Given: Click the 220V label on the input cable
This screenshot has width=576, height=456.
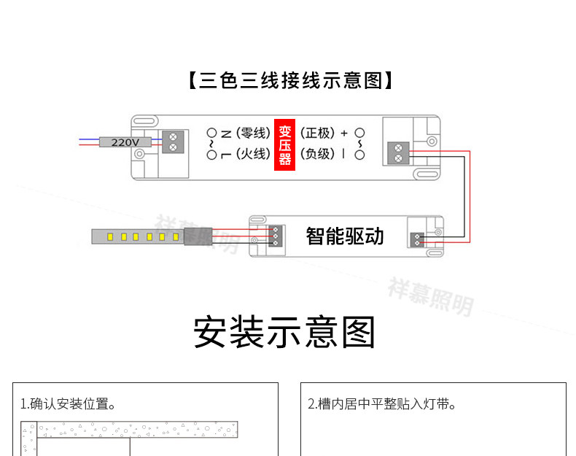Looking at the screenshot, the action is click(125, 142).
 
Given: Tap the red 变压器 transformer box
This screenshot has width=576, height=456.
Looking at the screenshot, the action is click(284, 144).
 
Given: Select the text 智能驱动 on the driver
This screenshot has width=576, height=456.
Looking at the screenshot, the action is click(345, 236).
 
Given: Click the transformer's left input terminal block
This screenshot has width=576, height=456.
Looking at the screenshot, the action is click(173, 142).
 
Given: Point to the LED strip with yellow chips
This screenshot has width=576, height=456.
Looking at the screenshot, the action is click(138, 236).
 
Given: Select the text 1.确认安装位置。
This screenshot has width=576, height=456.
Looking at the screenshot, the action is click(69, 404).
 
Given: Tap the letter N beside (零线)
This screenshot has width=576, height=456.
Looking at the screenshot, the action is click(226, 134).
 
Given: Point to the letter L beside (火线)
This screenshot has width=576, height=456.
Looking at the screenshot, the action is click(226, 155).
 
